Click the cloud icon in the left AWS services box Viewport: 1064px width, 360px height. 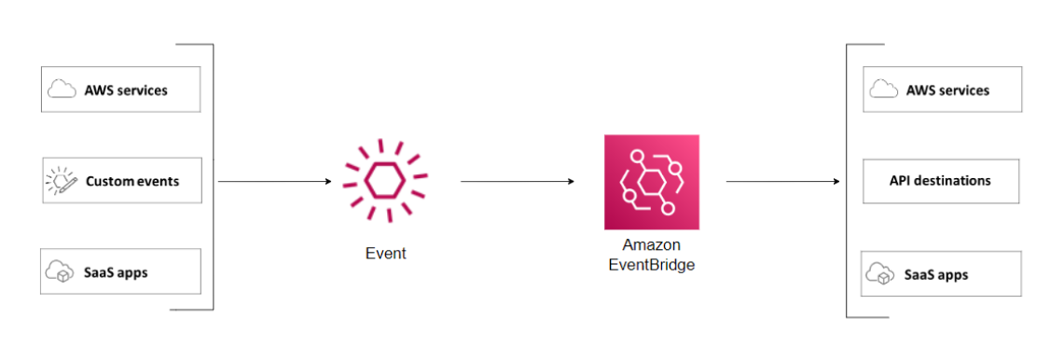(x=62, y=90)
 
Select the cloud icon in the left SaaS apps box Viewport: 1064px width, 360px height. (x=62, y=271)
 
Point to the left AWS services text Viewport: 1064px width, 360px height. (x=126, y=90)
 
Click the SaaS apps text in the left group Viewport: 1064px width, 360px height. (x=116, y=272)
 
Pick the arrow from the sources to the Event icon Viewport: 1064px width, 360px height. (x=274, y=181)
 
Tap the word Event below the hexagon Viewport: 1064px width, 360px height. (x=385, y=253)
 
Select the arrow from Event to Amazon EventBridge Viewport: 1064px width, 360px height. (x=518, y=181)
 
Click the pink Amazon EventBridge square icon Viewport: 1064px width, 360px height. (x=651, y=182)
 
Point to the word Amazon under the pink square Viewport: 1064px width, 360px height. (x=651, y=245)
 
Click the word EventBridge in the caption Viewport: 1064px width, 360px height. (x=651, y=264)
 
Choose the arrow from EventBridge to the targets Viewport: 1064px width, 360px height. (x=782, y=181)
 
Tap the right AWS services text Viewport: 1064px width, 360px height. (x=947, y=90)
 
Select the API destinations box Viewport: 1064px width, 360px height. (x=940, y=181)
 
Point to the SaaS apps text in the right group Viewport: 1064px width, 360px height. (x=936, y=275)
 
